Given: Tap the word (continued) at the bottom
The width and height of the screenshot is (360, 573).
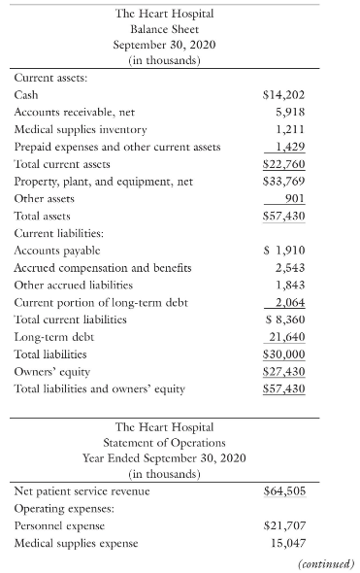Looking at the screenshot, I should point(326,563).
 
